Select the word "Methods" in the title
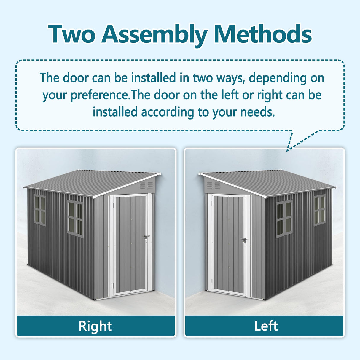262,34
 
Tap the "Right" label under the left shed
95,326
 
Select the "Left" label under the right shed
266,326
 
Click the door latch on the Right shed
146,237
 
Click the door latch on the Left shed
244,240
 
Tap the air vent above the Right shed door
146,186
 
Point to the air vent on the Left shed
214,186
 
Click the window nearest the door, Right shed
75,219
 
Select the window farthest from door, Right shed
40,210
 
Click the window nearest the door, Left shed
284,219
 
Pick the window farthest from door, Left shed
320,210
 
